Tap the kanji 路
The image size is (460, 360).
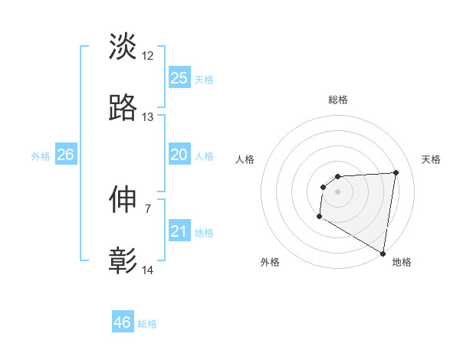(123, 109)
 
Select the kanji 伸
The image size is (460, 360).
(123, 200)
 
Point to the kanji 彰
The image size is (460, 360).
(123, 261)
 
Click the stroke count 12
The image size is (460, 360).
(148, 56)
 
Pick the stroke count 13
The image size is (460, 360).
(148, 117)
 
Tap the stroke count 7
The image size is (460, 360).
(148, 208)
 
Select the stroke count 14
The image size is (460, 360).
(148, 270)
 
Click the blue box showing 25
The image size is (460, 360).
(179, 78)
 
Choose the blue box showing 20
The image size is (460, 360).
(179, 155)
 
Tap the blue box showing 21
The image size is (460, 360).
(179, 231)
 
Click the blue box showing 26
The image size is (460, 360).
(65, 155)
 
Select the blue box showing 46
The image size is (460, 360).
(123, 322)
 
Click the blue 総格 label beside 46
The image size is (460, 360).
(147, 324)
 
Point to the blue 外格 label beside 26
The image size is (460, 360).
(41, 156)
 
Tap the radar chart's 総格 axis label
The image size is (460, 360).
(337, 100)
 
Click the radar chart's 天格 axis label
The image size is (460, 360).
(431, 159)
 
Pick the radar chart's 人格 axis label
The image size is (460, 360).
(245, 159)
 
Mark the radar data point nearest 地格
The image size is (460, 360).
(383, 254)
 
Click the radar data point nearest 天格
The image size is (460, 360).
(396, 172)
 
